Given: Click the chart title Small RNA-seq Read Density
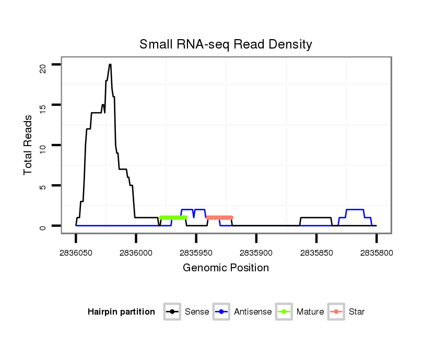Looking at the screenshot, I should (226, 44).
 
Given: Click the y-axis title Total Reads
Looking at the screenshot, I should (28, 145).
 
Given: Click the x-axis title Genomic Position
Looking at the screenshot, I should (226, 268).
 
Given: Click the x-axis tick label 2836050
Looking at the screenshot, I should (76, 253).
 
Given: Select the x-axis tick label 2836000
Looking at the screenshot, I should (136, 253).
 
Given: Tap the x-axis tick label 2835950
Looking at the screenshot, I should (196, 253).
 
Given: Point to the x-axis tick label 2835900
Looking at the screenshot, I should (256, 253).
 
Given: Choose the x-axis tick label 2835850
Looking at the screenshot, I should (316, 253).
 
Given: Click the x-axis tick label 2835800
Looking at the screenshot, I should (376, 253).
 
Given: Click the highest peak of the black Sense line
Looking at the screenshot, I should (110, 65).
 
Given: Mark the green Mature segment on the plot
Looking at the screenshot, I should (173, 218).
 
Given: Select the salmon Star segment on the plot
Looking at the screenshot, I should (219, 218).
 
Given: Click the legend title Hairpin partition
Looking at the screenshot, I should (121, 312).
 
